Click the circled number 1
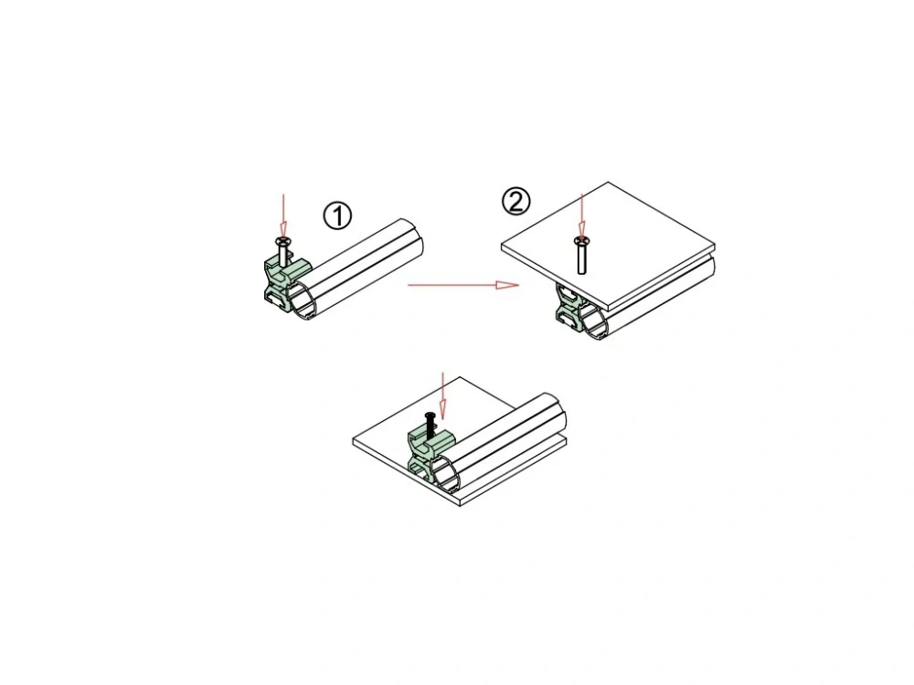tap(337, 216)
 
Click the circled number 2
tap(515, 202)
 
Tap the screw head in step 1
tap(283, 240)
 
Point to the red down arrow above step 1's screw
tap(283, 215)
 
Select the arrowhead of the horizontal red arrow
tap(507, 285)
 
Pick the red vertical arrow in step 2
tap(581, 215)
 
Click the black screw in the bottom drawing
tap(430, 426)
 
